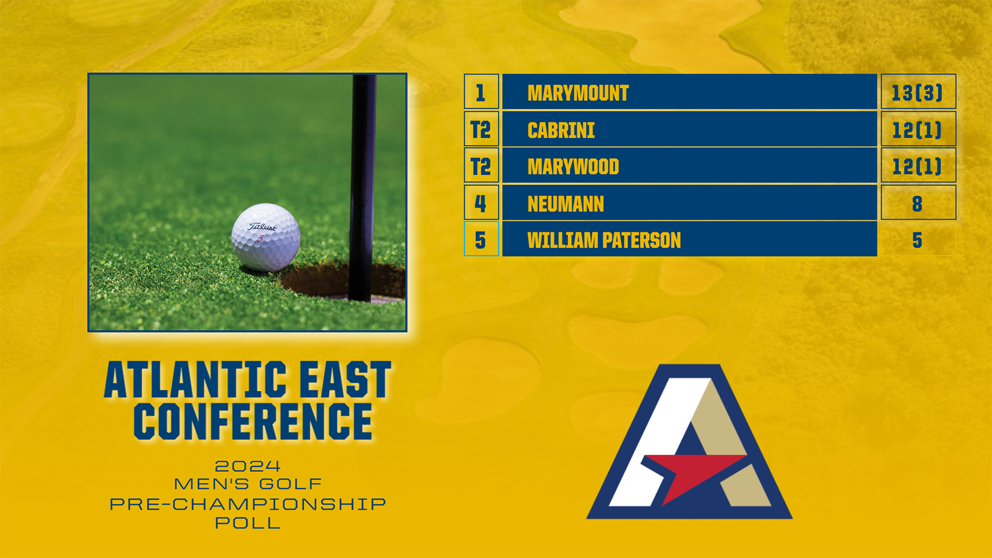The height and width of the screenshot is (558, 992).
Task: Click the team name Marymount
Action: (x=578, y=93)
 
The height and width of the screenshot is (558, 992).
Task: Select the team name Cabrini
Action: (x=561, y=130)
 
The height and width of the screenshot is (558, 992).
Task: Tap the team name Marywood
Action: (x=573, y=167)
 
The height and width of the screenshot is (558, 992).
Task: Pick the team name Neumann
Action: (x=566, y=204)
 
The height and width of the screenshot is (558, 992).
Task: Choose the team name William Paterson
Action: (x=604, y=240)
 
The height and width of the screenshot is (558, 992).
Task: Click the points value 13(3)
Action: (x=918, y=93)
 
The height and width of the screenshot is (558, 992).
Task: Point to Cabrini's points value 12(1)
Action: (x=918, y=130)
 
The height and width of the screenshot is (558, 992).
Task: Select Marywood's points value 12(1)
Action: (x=918, y=166)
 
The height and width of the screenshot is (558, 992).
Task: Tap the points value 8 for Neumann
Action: (x=917, y=204)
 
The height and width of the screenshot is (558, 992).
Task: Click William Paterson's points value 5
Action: (x=917, y=240)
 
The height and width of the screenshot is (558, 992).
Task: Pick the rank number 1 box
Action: (x=481, y=91)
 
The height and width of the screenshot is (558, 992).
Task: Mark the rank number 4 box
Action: (x=481, y=203)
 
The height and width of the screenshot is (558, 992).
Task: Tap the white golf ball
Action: (x=266, y=237)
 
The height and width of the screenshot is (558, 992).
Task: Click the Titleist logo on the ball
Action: (x=262, y=226)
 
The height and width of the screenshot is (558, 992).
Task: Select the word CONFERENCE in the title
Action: (x=253, y=422)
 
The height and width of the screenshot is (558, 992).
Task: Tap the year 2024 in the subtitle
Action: (x=247, y=466)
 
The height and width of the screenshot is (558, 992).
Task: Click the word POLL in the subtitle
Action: (x=247, y=523)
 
